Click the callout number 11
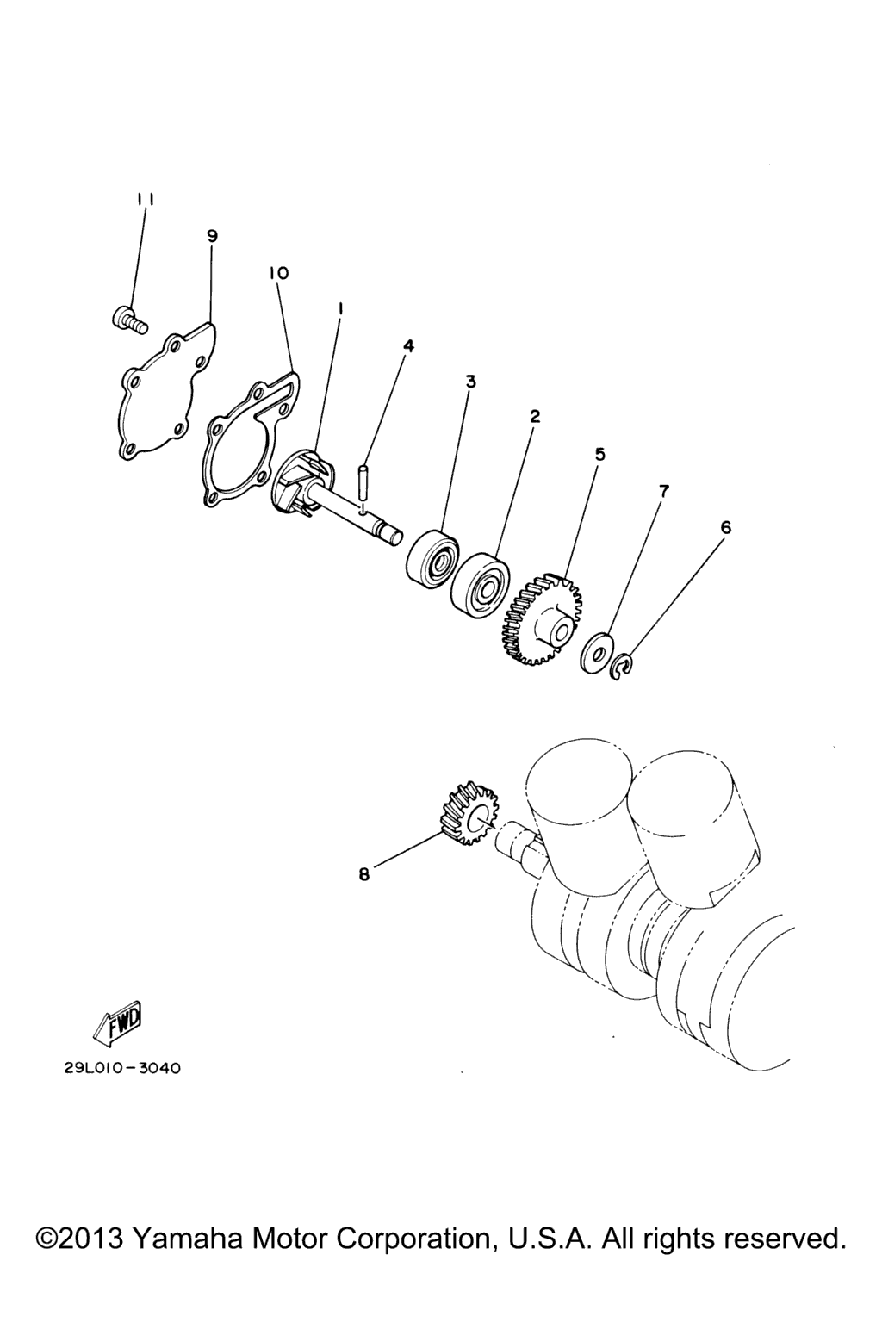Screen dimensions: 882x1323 [146, 200]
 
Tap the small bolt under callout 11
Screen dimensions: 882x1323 [129, 320]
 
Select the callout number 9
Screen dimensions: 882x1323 [212, 236]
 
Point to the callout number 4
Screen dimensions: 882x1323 [408, 346]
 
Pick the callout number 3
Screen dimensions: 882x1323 [471, 382]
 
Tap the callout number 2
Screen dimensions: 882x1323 [535, 416]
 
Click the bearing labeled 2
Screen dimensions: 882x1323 [479, 581]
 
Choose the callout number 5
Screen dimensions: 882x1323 [599, 454]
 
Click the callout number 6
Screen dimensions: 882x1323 [726, 527]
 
